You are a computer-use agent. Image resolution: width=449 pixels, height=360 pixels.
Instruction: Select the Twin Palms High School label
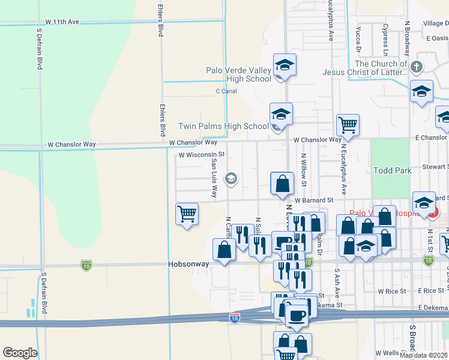[223, 126]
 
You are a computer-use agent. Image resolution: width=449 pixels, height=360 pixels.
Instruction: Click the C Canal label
[226, 91]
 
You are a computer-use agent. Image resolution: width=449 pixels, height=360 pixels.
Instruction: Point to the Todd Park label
[392, 170]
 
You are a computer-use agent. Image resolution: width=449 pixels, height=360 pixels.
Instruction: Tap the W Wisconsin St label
[202, 154]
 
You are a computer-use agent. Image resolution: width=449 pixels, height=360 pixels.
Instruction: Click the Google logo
[20, 353]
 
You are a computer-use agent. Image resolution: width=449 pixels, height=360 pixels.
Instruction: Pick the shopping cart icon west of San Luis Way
[187, 214]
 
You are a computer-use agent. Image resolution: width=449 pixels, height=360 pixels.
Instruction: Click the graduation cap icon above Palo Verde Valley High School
[285, 65]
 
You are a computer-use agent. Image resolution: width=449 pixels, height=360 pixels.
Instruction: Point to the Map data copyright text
[423, 355]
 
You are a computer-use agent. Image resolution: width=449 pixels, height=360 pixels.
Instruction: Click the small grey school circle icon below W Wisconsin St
[230, 178]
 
